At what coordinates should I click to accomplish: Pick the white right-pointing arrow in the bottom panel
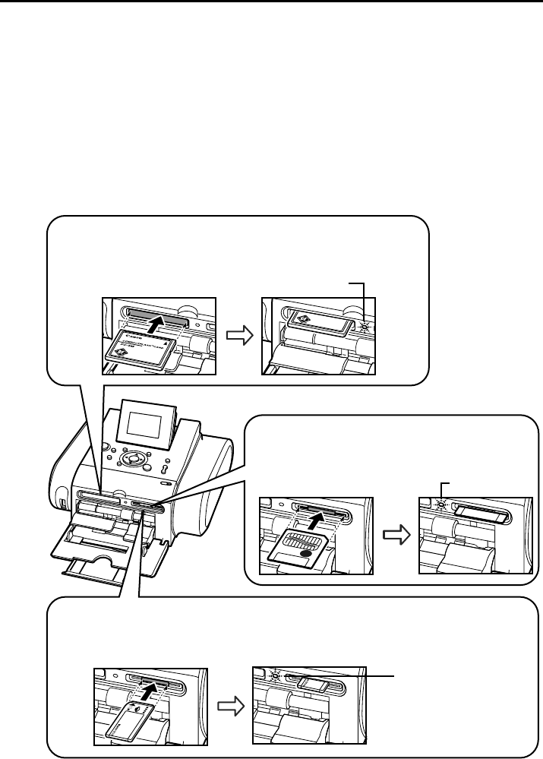pos(229,706)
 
